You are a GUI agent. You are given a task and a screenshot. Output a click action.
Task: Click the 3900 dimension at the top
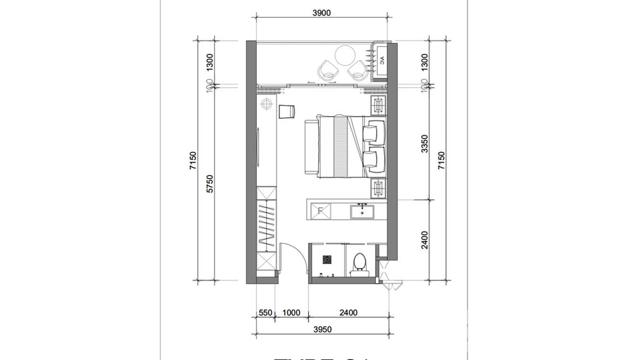[x=321, y=13]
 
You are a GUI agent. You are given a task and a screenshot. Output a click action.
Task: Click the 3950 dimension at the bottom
[x=322, y=329]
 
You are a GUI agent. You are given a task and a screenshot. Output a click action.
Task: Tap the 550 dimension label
[x=265, y=313]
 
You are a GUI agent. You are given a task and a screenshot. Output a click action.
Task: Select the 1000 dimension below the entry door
[x=291, y=313]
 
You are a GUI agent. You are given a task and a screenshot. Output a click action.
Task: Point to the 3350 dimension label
[x=425, y=143]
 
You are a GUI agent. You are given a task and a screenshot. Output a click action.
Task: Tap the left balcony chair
[x=328, y=70]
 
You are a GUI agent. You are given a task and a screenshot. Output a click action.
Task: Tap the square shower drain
[x=327, y=260]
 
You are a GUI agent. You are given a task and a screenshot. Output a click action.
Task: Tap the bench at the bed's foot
[x=310, y=148]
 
